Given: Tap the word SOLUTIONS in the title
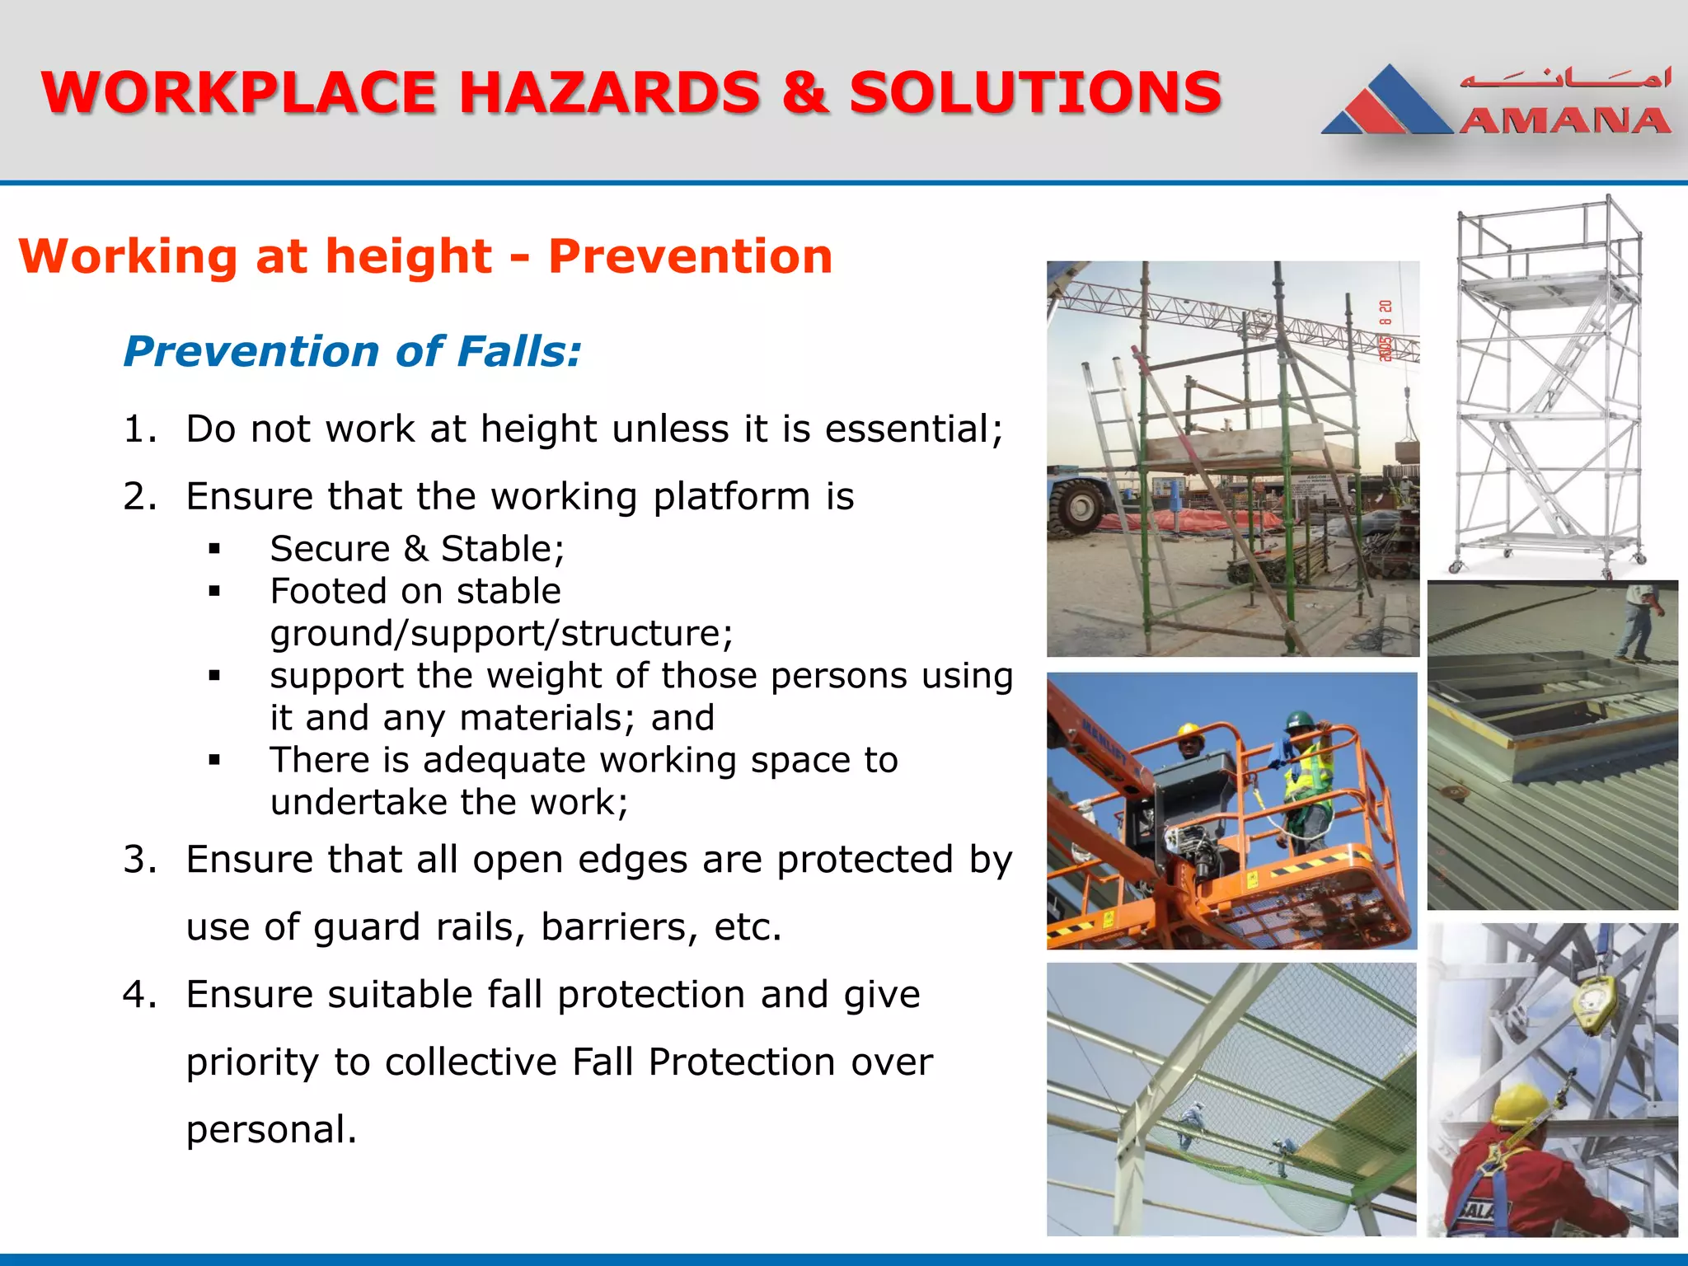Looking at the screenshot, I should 1035,92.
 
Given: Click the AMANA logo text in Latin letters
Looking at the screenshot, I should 1564,121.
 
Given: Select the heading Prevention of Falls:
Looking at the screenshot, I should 353,351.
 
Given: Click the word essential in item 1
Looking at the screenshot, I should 913,429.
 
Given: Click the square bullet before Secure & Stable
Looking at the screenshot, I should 215,549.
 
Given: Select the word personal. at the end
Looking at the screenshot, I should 271,1129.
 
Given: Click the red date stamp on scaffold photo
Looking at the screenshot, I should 1386,331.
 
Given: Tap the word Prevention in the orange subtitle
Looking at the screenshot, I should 690,256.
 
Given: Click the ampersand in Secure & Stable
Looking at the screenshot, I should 415,549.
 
